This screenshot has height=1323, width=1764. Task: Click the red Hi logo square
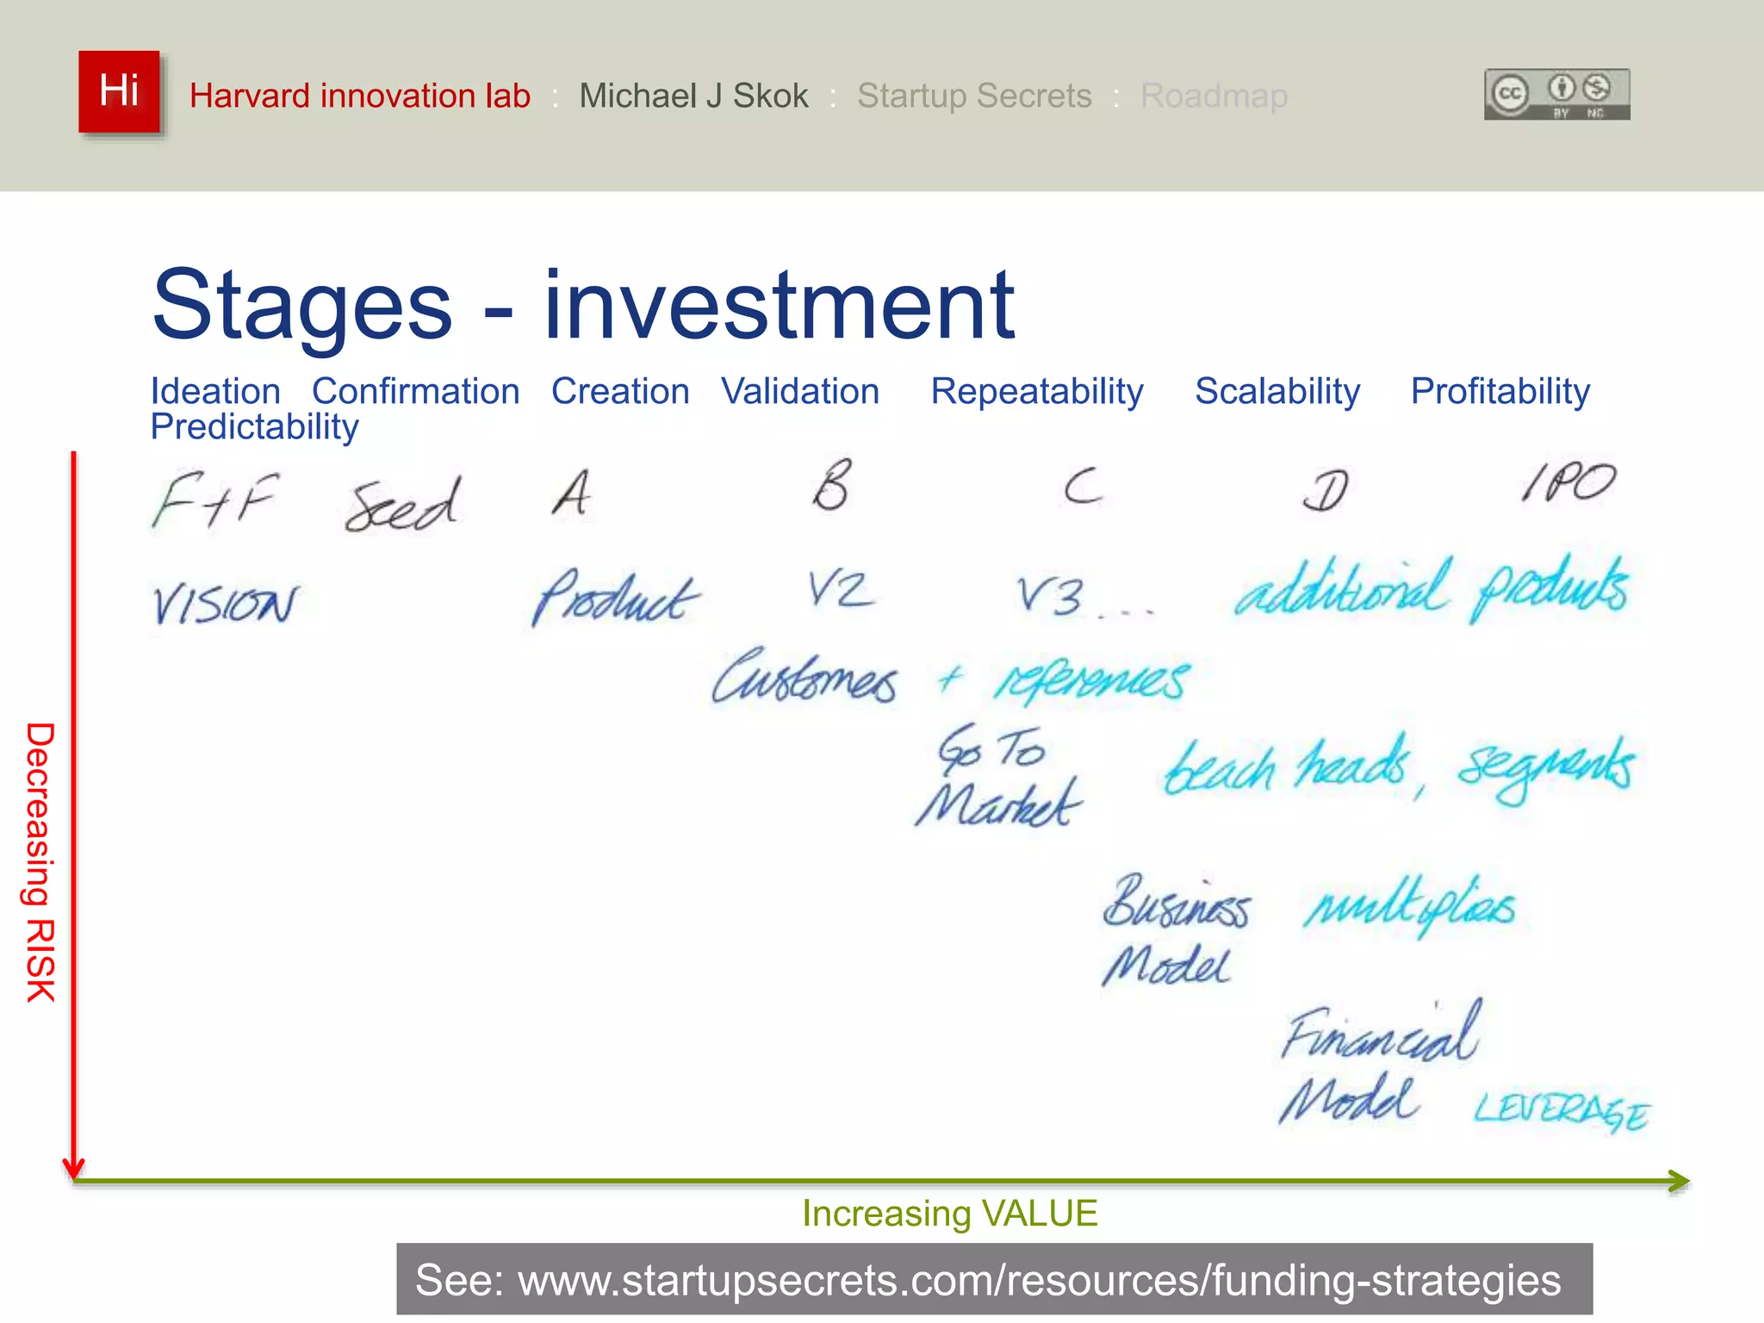[x=119, y=91]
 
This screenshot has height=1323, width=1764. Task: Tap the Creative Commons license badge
[x=1556, y=94]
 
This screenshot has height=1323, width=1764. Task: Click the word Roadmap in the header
[x=1214, y=96]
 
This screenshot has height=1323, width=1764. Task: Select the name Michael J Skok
[x=693, y=96]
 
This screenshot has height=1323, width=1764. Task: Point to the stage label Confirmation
[x=415, y=391]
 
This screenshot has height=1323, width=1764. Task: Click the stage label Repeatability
[x=1037, y=391]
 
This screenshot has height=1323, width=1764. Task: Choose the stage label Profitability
[x=1500, y=391]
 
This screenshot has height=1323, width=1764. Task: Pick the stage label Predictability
[x=254, y=427]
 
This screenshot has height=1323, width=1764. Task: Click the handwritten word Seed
[x=402, y=505]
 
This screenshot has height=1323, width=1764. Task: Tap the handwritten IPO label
[x=1568, y=483]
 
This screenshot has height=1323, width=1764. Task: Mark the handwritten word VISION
[x=225, y=603]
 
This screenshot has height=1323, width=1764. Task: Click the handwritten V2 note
[x=840, y=590]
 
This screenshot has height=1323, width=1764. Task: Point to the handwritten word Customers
[x=804, y=676]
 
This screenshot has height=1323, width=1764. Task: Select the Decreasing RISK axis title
[x=40, y=861]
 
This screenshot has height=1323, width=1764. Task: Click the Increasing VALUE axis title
[x=949, y=1214]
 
